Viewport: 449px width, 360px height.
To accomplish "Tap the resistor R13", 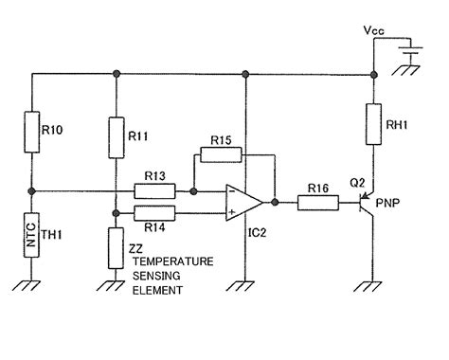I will click(155, 190).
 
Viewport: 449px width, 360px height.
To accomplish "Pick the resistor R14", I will click(155, 212).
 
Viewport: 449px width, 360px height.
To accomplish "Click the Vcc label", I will click(374, 30).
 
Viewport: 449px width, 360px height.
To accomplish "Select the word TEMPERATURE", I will click(171, 259).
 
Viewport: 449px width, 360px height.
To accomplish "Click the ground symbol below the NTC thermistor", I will click(32, 283).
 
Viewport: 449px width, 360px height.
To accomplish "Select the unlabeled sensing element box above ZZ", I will click(116, 242).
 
